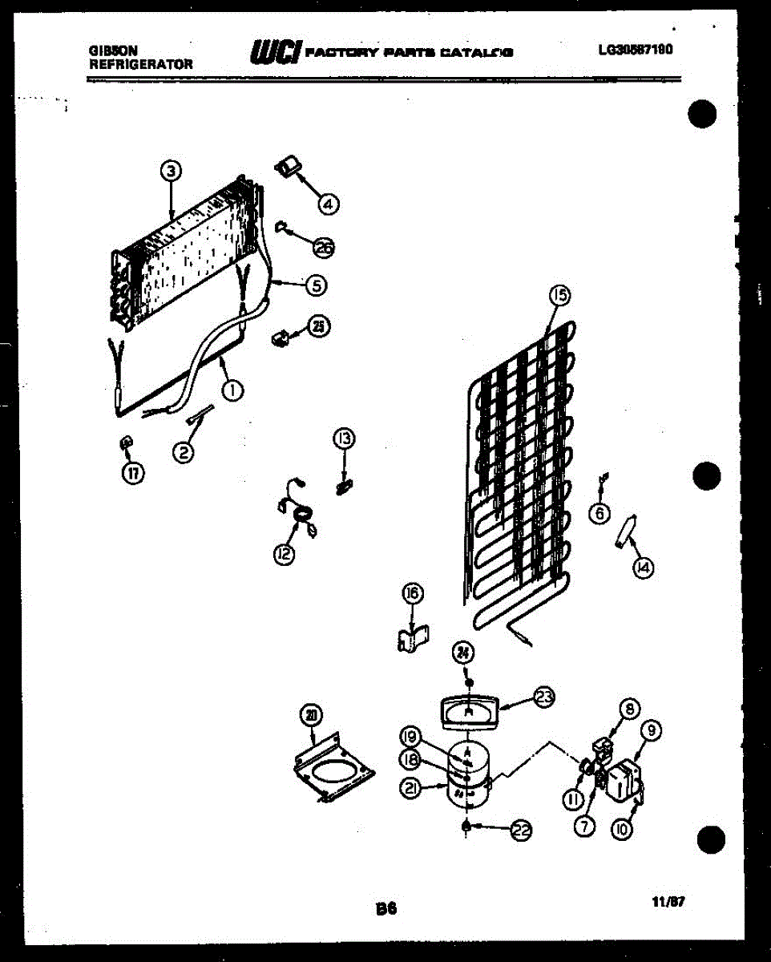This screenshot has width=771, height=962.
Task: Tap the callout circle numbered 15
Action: [559, 296]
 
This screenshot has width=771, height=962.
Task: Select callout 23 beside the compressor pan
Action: [544, 697]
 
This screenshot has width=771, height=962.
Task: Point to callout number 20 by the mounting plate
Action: [310, 714]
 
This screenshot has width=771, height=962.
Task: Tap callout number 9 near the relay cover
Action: [652, 730]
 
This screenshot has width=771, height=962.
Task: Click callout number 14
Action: [642, 568]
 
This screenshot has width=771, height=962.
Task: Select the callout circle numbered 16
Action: [412, 594]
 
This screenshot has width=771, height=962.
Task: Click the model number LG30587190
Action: [635, 50]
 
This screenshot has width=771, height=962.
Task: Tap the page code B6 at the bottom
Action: [385, 909]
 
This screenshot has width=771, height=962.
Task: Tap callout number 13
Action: [345, 438]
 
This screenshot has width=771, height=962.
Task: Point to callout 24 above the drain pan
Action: [462, 653]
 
